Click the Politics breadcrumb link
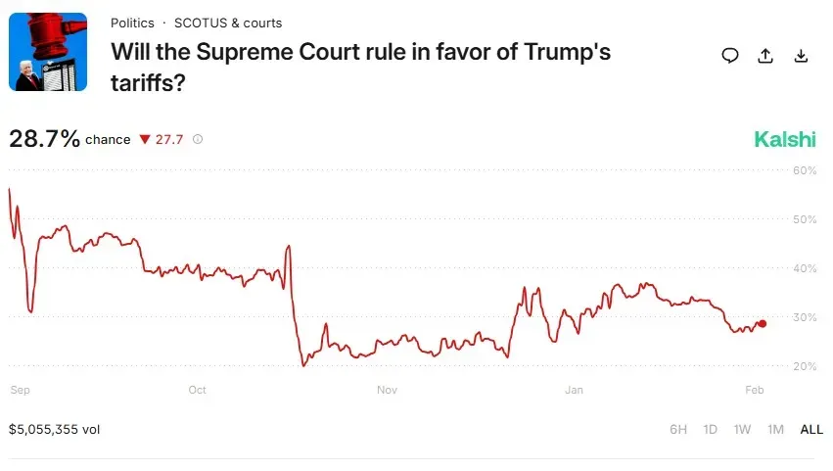(132, 23)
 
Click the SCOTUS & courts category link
(228, 23)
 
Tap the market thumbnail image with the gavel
(48, 52)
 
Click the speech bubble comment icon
(730, 56)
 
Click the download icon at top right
(801, 56)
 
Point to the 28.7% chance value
(44, 139)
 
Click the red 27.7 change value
(168, 139)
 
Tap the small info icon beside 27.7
(198, 139)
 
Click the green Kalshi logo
(784, 139)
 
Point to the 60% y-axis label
(804, 170)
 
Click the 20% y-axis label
(804, 366)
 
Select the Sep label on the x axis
(20, 390)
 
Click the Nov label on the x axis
(387, 390)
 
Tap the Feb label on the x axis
(755, 390)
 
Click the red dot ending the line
(763, 323)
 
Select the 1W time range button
(743, 429)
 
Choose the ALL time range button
(811, 429)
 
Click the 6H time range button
(678, 429)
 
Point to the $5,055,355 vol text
(55, 429)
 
